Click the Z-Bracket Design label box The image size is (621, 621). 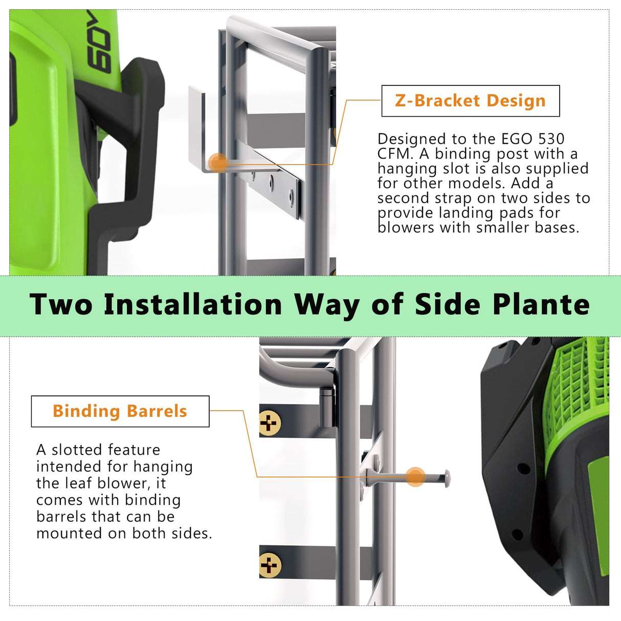click(470, 101)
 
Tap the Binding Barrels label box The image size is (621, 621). click(120, 411)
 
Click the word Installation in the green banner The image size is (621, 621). click(193, 305)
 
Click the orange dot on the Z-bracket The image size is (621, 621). click(218, 163)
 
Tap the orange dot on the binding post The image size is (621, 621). click(416, 477)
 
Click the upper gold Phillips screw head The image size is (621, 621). click(270, 423)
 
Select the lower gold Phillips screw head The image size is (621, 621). click(270, 565)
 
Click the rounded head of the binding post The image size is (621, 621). click(447, 478)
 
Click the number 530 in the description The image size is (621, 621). click(551, 139)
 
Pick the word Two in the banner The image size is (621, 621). click(61, 305)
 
